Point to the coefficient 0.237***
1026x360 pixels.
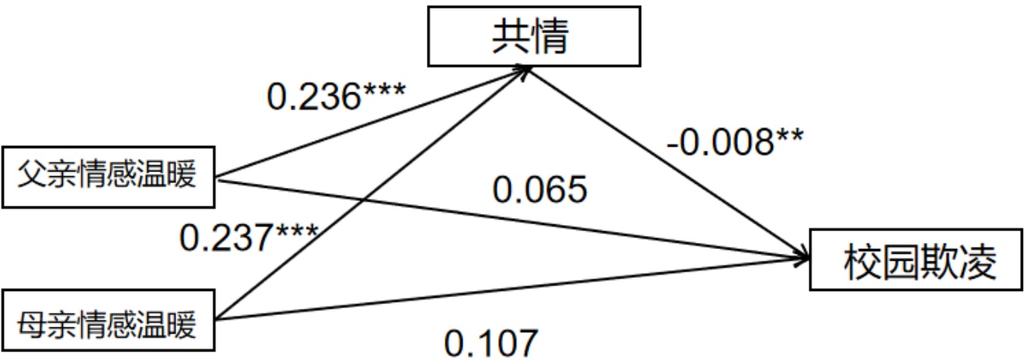click(248, 237)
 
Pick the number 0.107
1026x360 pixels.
click(490, 341)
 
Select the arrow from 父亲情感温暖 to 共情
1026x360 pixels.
click(373, 123)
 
